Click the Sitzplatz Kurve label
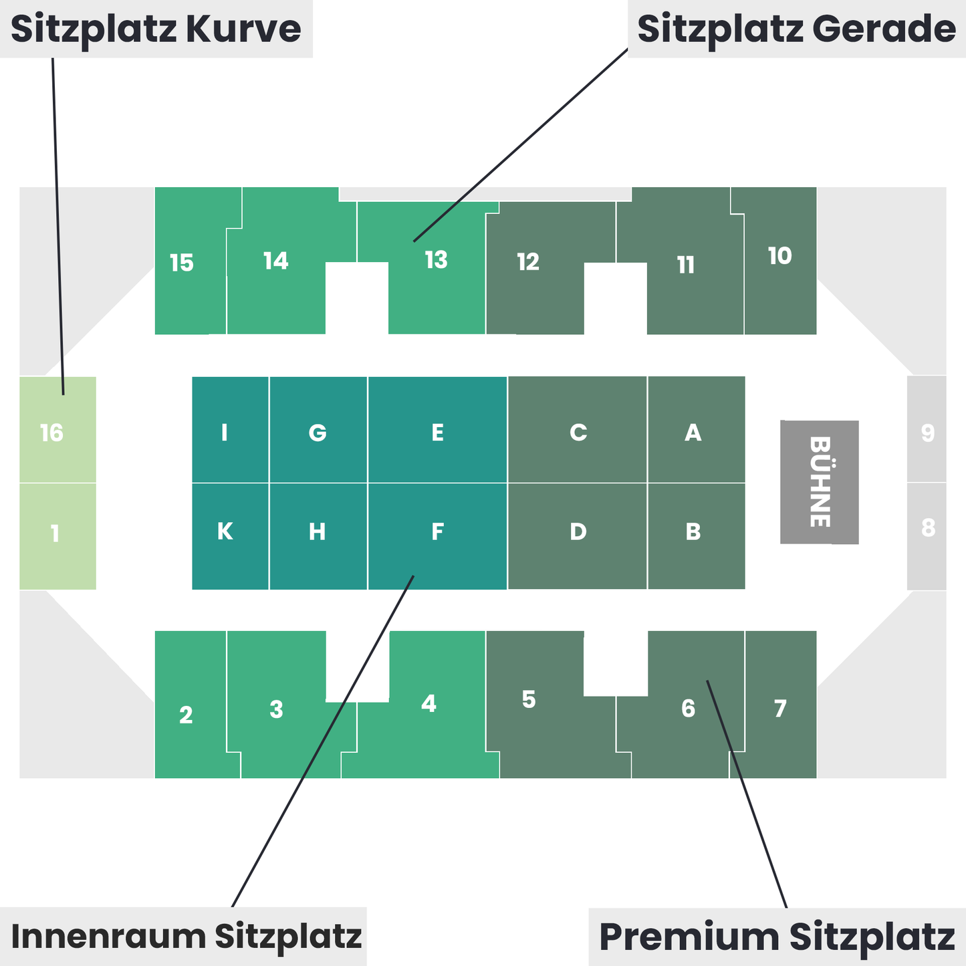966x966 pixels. click(x=156, y=29)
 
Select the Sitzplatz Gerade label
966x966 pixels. click(x=796, y=29)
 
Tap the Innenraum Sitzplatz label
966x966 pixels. click(x=186, y=935)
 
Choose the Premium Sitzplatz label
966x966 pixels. click(x=777, y=937)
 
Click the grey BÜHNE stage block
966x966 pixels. click(x=819, y=482)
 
